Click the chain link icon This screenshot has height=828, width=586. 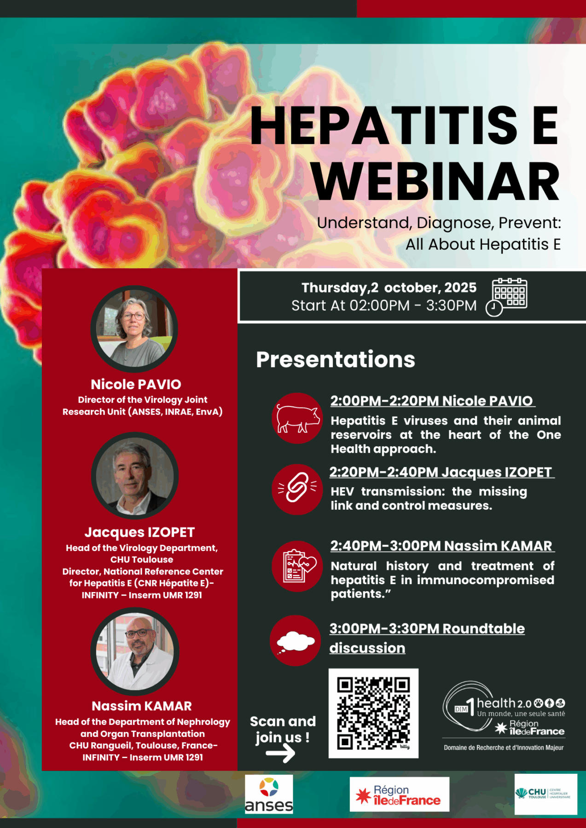coord(297,489)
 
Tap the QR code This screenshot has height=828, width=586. coord(373,713)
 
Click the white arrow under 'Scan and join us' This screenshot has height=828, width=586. coord(280,753)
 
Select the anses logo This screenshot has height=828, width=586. coord(269,794)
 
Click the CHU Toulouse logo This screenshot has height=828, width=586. coord(545,794)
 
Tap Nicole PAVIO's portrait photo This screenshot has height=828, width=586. coord(134,328)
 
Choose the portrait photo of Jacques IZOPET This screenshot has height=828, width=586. coord(134,475)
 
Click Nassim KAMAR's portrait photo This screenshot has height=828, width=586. coord(134,651)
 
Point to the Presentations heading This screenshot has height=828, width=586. coord(336,359)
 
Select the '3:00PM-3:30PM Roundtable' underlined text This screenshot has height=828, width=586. coord(427,628)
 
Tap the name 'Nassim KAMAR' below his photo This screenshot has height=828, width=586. coord(142,706)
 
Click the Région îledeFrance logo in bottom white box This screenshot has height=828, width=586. coord(399,794)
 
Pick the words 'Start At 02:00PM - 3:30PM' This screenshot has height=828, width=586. coord(384,305)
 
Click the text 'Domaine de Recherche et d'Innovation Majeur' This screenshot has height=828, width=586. coord(504,747)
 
